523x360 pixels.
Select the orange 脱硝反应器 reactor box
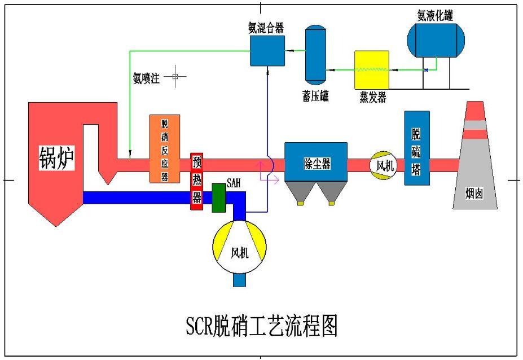coord(164,149)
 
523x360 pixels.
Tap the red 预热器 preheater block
coord(196,182)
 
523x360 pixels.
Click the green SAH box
coord(219,198)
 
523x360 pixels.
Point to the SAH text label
coord(234,183)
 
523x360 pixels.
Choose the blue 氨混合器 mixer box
coord(267,51)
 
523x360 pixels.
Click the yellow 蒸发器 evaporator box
coord(372,70)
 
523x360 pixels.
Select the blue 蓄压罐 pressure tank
coord(315,55)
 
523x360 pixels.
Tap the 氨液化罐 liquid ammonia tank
coord(436,41)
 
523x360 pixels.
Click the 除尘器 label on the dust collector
coord(317,164)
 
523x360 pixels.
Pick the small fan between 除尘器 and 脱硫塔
coord(384,165)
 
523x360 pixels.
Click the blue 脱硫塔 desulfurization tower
coord(417,148)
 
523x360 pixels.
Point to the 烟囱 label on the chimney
coord(474,193)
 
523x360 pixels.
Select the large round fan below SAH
coord(239,247)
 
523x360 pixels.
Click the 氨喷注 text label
coord(147,78)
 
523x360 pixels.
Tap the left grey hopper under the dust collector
coord(300,192)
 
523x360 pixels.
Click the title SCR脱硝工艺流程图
coord(262,326)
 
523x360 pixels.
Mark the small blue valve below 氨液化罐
coord(426,70)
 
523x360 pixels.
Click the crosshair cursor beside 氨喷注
coord(175,76)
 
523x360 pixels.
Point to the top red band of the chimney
coord(475,111)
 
